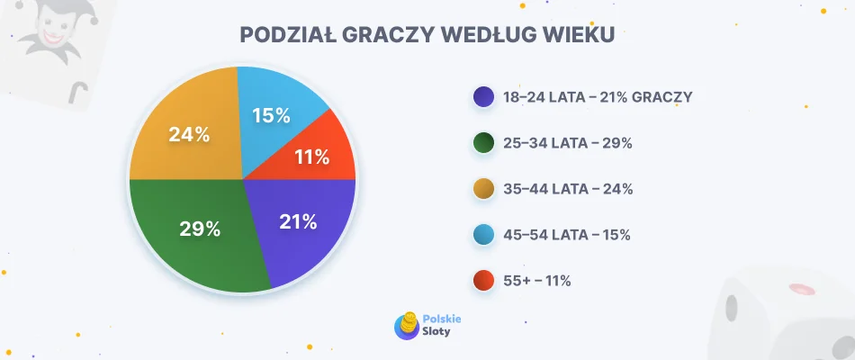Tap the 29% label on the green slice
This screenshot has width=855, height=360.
click(x=200, y=229)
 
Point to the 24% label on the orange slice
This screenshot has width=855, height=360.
click(x=190, y=135)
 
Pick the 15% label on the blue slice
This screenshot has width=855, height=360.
click(x=271, y=115)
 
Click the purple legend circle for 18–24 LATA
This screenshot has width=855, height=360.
click(x=483, y=97)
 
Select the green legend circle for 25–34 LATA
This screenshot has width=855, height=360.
click(x=483, y=143)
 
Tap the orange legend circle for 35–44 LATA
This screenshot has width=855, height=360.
click(x=483, y=189)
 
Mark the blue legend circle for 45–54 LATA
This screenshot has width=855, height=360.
click(x=483, y=235)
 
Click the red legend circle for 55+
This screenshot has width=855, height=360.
click(x=483, y=281)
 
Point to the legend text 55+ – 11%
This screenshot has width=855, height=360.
click(x=537, y=281)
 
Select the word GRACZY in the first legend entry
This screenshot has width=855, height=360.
click(x=661, y=97)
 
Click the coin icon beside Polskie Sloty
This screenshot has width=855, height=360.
click(x=407, y=325)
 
